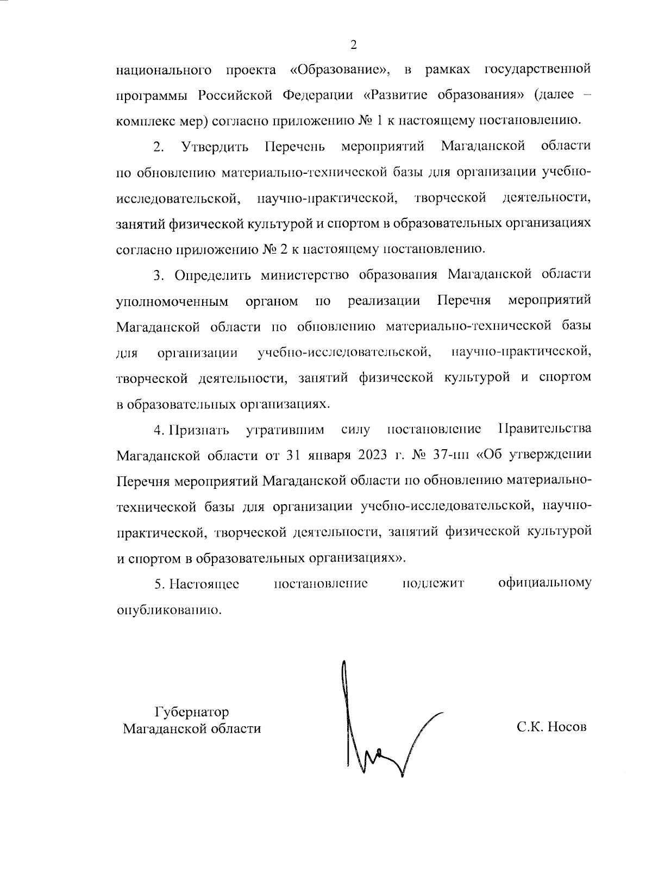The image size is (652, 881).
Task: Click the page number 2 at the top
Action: coord(353,45)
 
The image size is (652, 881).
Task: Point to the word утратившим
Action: coord(285,430)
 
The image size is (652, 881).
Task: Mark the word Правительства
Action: coord(544,430)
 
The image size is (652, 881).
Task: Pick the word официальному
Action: coord(545,583)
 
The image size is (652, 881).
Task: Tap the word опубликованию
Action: coord(170,609)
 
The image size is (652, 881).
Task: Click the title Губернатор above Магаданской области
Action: coord(192,712)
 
